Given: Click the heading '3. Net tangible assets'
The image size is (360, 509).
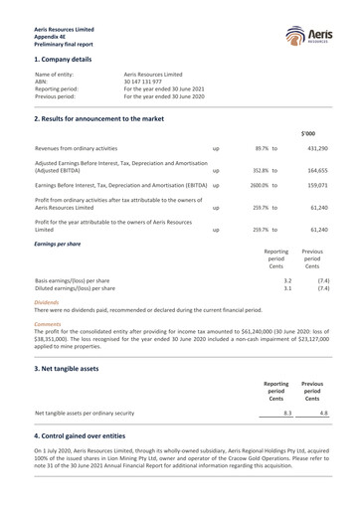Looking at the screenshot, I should tap(70, 367).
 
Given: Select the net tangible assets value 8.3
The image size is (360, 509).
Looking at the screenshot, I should tap(286, 411).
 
